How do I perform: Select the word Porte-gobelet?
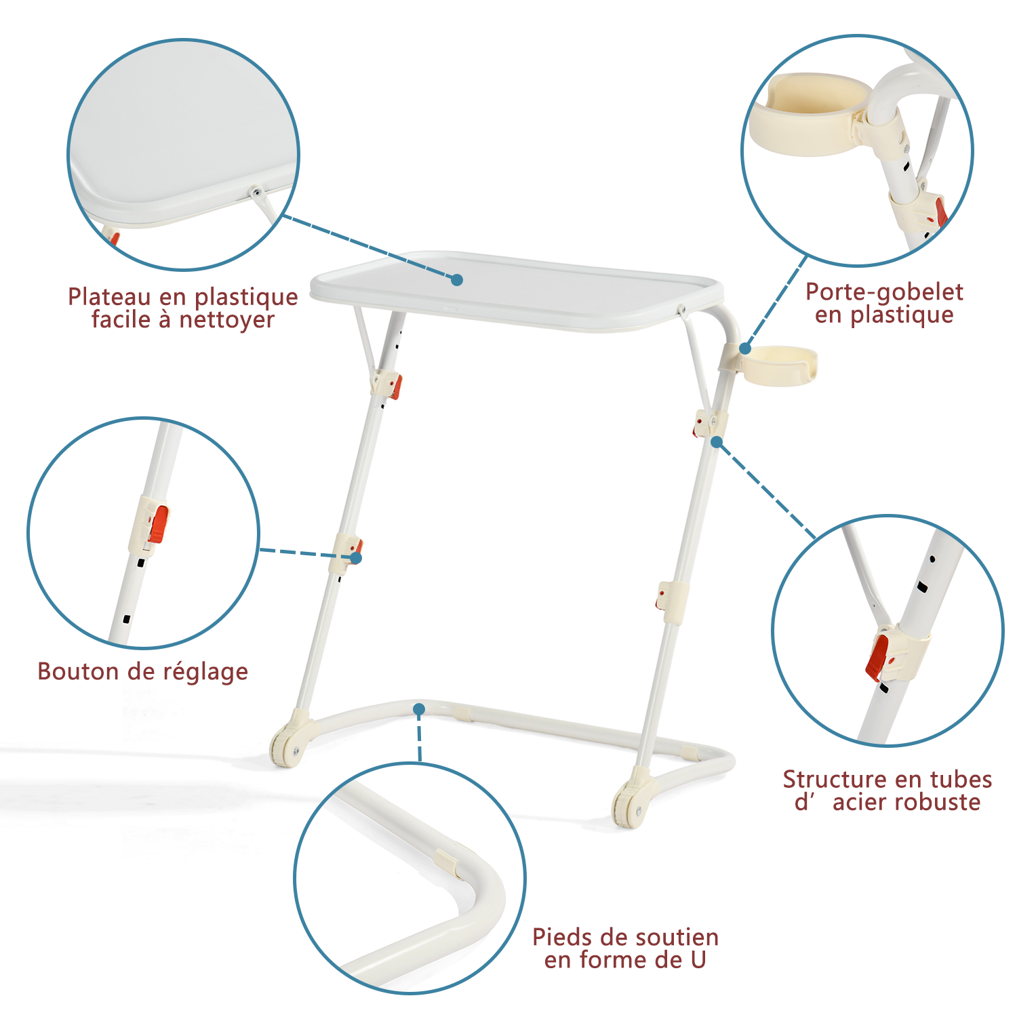coord(884,292)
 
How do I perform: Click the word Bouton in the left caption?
coord(77,671)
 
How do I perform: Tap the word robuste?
coord(940,803)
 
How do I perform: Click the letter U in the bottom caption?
coord(698,960)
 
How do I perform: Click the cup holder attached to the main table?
coord(780,365)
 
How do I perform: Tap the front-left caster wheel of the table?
coord(287,746)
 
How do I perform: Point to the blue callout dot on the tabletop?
coord(457,279)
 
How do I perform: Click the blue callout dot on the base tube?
coord(419,709)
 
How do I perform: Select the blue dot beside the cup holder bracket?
coord(744,349)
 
